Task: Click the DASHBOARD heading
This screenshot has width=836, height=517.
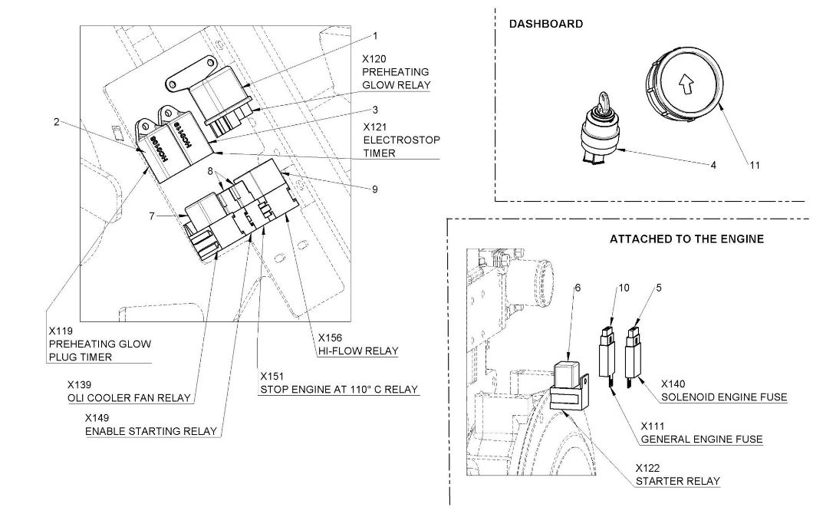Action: coord(545,24)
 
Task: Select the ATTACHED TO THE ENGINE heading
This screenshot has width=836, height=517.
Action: coord(686,239)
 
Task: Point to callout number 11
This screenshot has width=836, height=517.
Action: coord(755,165)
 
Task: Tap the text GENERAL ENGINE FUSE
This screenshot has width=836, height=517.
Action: coord(701,440)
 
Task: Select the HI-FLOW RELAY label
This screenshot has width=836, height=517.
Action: coord(358,351)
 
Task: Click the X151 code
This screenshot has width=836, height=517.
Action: coord(272,377)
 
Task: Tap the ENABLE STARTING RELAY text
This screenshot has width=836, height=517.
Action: coord(151,431)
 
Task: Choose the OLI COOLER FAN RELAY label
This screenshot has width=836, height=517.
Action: coord(129,397)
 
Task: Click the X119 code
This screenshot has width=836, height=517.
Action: coord(61,331)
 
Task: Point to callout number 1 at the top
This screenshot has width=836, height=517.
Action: coord(376,35)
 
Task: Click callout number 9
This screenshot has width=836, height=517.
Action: coord(375,189)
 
